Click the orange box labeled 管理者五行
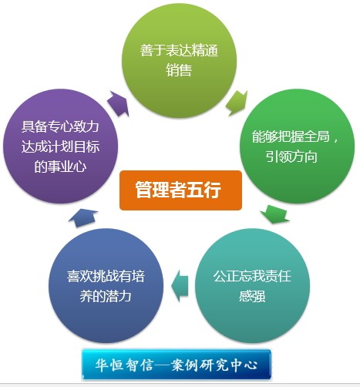click(x=180, y=190)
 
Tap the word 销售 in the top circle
click(x=179, y=70)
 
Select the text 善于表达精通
click(x=179, y=50)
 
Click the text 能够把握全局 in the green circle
click(x=291, y=136)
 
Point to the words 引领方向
click(x=291, y=156)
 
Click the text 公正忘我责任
click(x=252, y=276)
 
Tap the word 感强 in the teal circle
click(x=252, y=296)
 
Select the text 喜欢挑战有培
click(x=106, y=276)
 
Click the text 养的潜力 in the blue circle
click(x=106, y=296)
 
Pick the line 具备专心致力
click(x=60, y=126)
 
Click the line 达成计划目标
click(x=60, y=146)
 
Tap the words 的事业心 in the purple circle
click(x=60, y=167)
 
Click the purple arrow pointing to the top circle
click(x=118, y=104)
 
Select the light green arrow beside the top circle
click(x=237, y=103)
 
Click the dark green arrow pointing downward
click(x=274, y=214)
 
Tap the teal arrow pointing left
click(x=180, y=285)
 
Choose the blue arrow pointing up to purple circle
click(x=82, y=217)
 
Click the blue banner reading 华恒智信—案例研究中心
click(x=177, y=365)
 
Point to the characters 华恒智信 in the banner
click(x=124, y=365)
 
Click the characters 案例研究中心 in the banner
click(x=215, y=365)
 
